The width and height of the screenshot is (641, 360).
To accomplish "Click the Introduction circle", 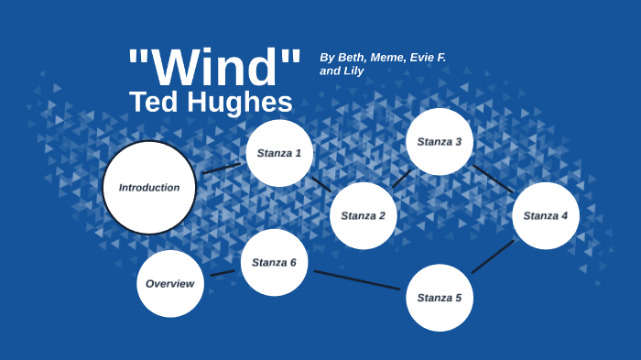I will point(148,187).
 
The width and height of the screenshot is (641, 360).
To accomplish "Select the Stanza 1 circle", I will point(279,153).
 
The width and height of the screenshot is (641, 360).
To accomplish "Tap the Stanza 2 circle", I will point(364,215).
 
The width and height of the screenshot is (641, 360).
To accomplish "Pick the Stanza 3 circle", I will point(440,141).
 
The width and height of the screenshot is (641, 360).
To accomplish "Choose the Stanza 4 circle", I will point(546,215).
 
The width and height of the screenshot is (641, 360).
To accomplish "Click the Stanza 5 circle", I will point(440,297).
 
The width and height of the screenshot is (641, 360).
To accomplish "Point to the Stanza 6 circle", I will point(274,262).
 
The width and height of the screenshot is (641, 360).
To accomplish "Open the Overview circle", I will point(170,283).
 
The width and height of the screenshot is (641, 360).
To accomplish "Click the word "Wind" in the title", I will point(214,67).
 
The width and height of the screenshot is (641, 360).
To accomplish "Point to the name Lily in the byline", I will point(353,71).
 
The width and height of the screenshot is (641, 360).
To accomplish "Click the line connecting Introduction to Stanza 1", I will point(222,169).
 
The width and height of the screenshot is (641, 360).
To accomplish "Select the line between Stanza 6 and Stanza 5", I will point(357,279).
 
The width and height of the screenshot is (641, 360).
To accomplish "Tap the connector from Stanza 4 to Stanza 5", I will point(493,256).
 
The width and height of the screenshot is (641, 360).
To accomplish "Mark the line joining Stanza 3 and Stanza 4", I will point(493,179).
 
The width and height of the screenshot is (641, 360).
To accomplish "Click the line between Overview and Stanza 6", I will point(223,272).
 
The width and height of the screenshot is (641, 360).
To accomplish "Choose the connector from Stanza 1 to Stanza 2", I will point(320,183).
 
